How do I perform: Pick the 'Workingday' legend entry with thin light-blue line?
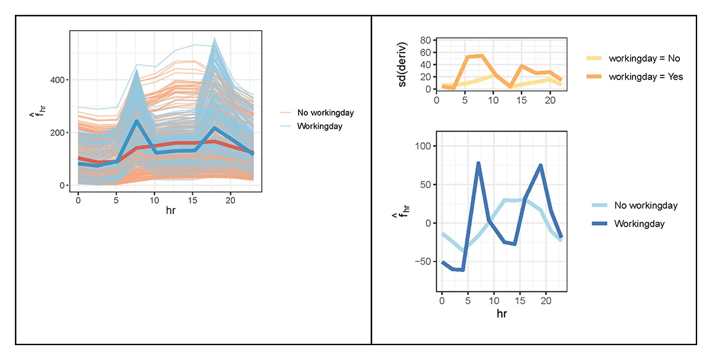tap(319, 126)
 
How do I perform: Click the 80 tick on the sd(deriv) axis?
tap(424, 40)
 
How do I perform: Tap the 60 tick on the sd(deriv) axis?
tap(424, 52)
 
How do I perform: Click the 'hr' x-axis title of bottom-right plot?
tap(502, 313)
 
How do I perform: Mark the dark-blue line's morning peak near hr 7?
tap(478, 163)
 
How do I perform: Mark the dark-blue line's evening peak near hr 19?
tap(541, 165)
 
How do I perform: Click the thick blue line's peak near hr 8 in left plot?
tap(136, 121)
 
